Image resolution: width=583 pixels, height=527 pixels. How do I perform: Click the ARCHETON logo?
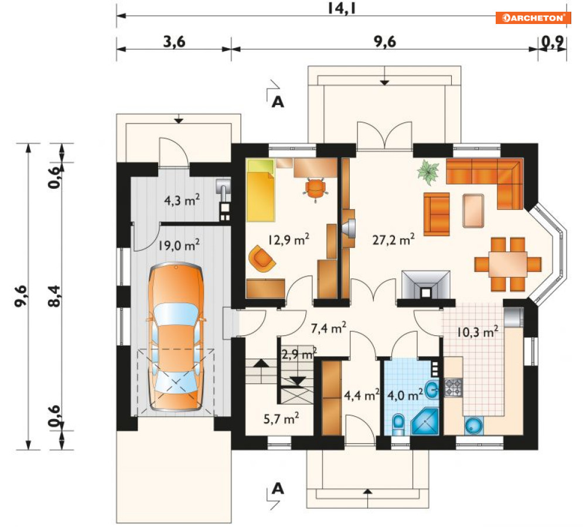point(533,18)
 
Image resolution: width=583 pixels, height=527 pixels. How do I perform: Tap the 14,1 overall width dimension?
point(342,8)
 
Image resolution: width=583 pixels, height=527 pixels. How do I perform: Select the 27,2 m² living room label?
point(393,240)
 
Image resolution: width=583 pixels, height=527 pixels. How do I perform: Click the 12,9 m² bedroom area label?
point(288,240)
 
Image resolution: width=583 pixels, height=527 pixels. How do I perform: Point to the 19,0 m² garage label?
point(179,245)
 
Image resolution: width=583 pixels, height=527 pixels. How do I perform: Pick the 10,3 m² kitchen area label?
point(478,331)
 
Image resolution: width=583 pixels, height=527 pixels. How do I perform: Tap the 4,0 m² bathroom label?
point(405,395)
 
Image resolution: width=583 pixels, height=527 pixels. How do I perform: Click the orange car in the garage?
point(176,337)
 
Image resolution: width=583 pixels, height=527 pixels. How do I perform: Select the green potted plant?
point(428,172)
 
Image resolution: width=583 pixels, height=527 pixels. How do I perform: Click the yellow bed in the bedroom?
point(261,191)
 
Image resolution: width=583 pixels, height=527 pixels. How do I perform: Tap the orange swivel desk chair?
point(315,189)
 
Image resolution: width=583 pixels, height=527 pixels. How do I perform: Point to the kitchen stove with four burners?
point(454,387)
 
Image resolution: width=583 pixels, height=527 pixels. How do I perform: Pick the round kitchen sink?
point(474,426)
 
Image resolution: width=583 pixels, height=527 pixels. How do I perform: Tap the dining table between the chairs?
point(508,264)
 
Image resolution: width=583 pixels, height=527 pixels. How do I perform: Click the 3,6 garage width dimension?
point(175,42)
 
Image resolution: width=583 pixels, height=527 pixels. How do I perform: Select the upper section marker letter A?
point(278,101)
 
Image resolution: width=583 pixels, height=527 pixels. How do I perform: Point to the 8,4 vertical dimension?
point(54,296)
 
